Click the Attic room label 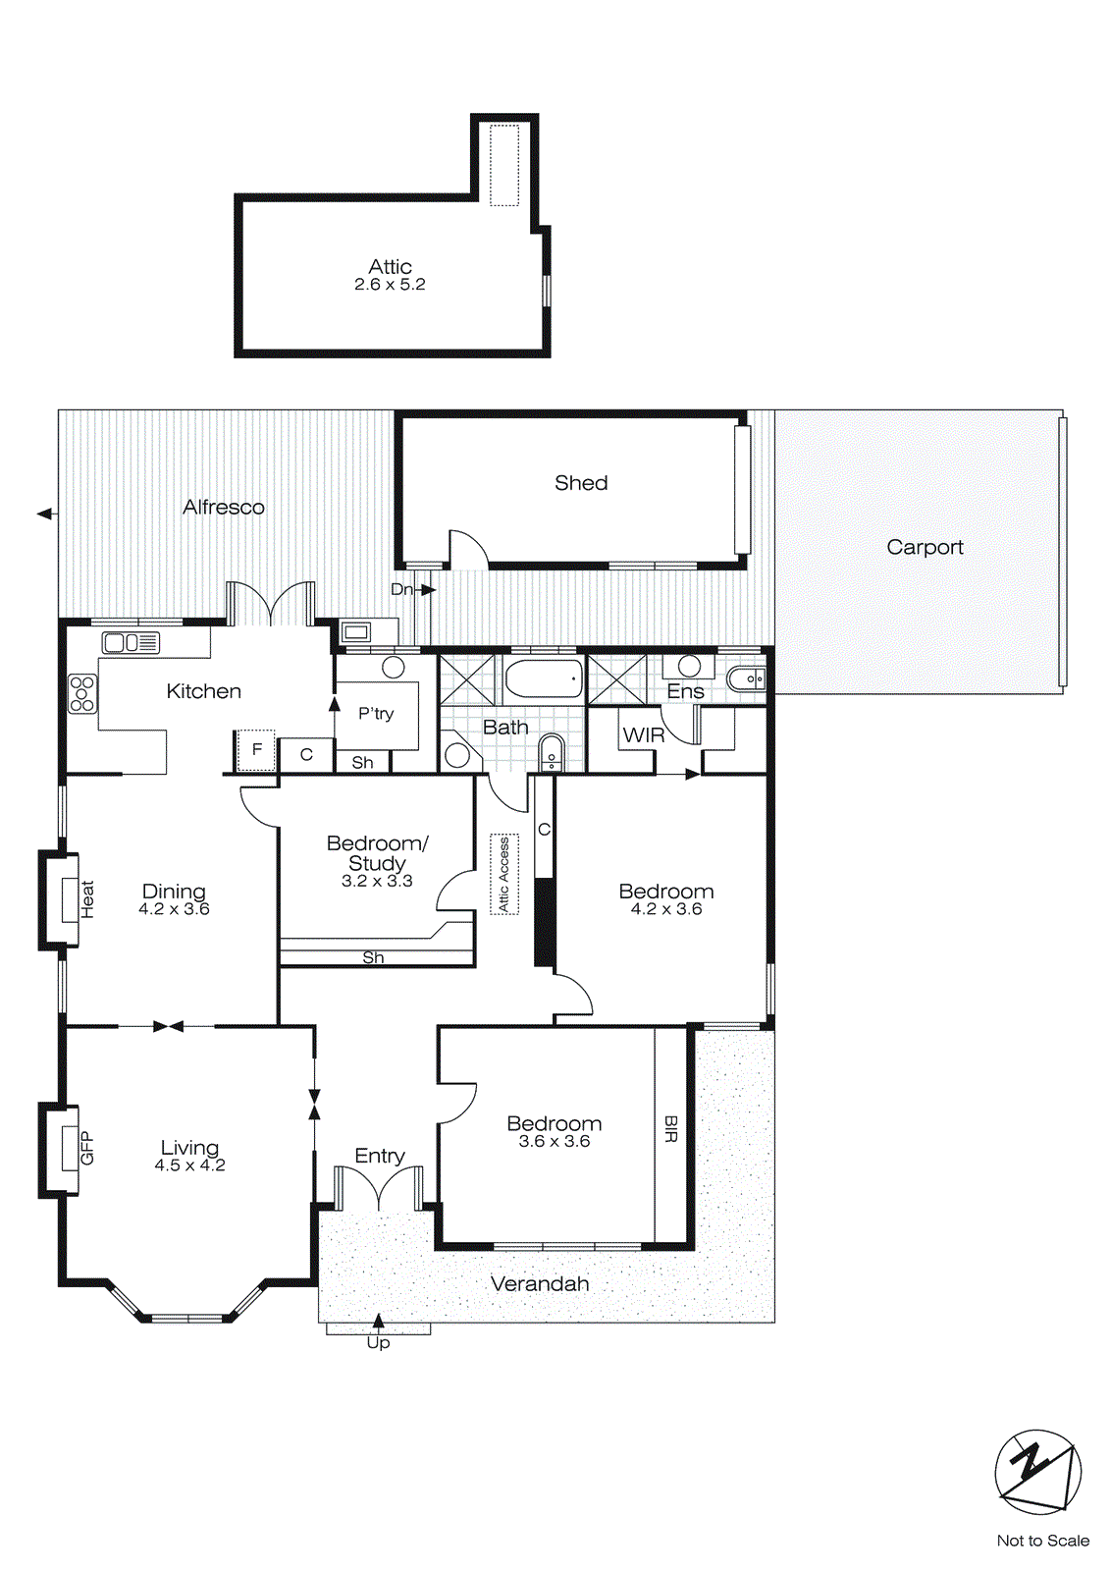point(390,267)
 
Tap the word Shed point(581,483)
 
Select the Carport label point(925,547)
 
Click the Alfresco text point(224,507)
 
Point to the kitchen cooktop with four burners point(82,693)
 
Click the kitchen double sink point(131,643)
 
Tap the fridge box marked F point(257,750)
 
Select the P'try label point(376,714)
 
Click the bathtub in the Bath point(544,678)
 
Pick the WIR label point(644,735)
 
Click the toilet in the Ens point(746,677)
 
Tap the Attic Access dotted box point(504,874)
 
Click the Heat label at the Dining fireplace point(87,899)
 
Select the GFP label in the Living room point(86,1148)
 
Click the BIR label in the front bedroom point(671,1129)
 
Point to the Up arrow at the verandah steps point(378,1322)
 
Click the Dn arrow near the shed point(427,590)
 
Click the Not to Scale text point(1042,1541)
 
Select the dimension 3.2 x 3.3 point(377,881)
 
